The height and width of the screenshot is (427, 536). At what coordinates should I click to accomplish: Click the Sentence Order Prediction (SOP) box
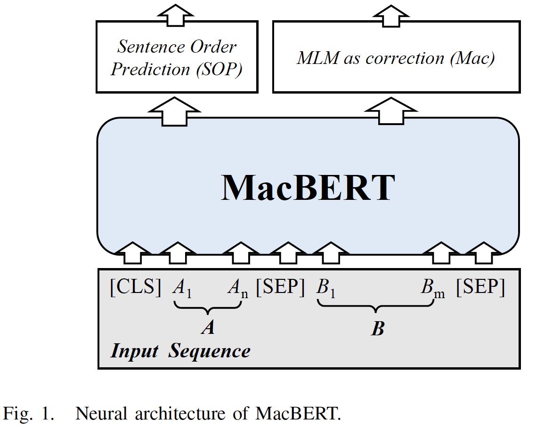[x=177, y=57]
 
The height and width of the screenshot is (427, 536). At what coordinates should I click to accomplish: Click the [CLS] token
[x=136, y=287]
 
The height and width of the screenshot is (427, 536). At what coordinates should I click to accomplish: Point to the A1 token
[x=181, y=288]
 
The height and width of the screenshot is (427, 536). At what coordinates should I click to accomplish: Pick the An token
[x=237, y=288]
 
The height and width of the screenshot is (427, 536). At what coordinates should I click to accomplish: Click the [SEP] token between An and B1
[x=280, y=287]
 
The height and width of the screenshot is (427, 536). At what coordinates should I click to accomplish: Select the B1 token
[x=326, y=288]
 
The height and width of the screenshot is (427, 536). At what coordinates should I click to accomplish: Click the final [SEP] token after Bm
[x=480, y=287]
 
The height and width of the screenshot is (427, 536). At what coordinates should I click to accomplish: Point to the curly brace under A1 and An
[x=207, y=308]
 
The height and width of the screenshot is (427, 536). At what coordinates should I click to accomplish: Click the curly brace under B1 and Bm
[x=375, y=308]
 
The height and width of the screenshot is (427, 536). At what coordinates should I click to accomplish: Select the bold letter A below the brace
[x=208, y=328]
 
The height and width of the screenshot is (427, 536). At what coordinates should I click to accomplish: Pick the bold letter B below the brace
[x=377, y=329]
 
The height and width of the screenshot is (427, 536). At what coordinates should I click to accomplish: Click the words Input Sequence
[x=180, y=351]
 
